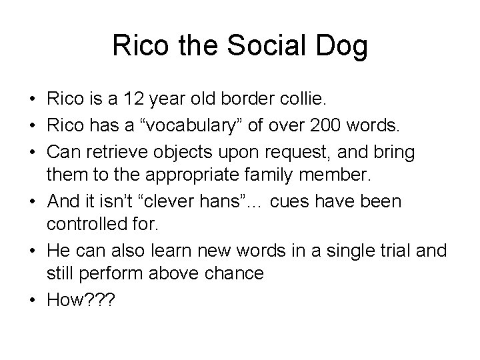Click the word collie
coord(301,100)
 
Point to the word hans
coord(230,202)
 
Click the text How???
coord(81,300)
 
